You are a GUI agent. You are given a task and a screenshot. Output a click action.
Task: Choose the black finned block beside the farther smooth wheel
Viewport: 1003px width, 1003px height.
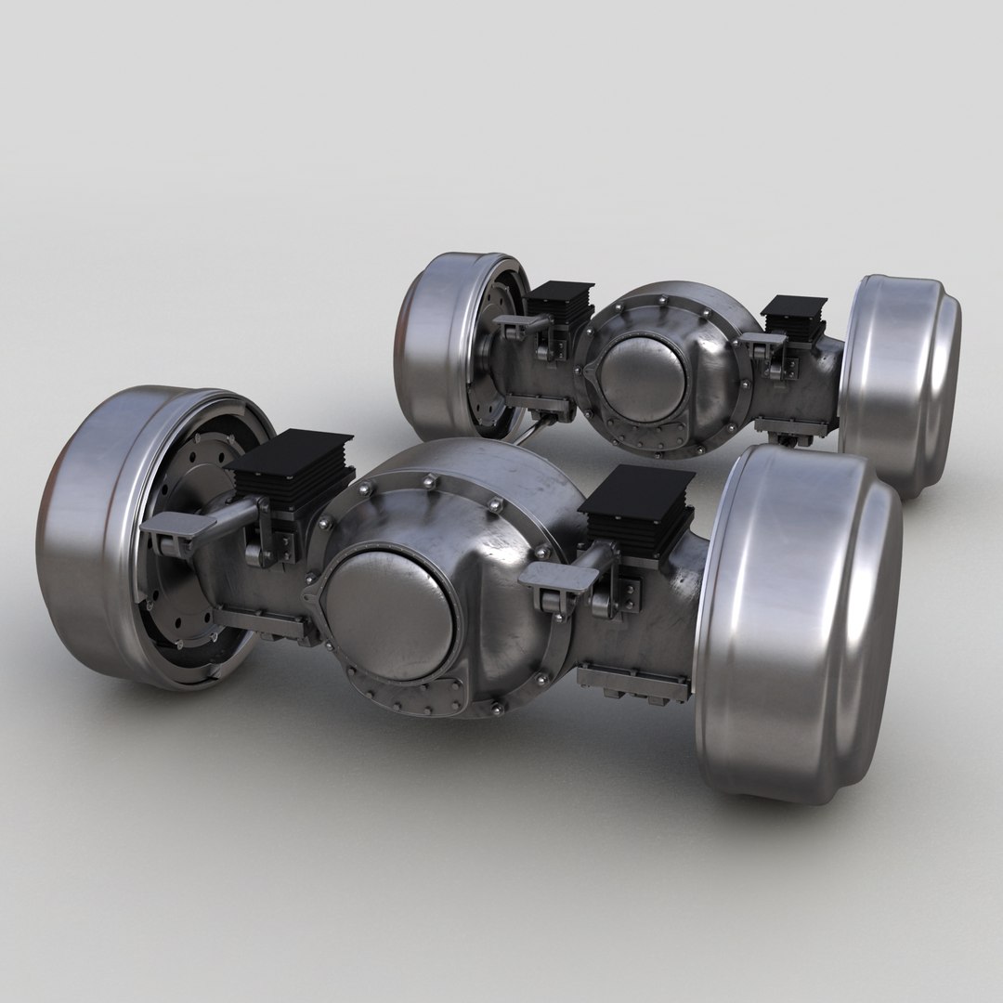(794, 316)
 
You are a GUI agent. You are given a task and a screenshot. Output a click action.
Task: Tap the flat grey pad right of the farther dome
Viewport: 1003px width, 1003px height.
(762, 341)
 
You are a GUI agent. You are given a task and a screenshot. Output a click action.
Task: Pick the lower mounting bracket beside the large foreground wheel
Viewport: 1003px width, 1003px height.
(632, 684)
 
